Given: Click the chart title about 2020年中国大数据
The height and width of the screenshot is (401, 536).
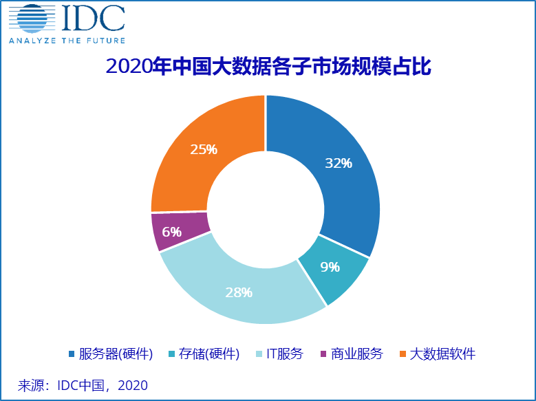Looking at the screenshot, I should [x=268, y=67].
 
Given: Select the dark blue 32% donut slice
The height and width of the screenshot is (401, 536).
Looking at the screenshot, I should [x=344, y=186].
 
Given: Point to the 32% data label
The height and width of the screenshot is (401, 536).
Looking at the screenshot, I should [x=339, y=164].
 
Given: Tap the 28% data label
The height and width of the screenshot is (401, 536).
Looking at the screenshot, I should [x=239, y=292].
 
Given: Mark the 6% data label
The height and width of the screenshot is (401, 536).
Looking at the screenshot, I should [x=171, y=232].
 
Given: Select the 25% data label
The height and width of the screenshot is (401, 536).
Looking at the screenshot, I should [x=204, y=149].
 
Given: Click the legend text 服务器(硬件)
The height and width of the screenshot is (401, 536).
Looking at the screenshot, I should [x=116, y=354].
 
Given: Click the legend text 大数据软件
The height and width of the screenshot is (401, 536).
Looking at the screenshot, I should [x=442, y=354].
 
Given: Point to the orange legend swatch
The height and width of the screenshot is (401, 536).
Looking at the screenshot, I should [x=403, y=354].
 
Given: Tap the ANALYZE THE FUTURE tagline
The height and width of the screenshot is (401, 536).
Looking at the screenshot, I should [x=67, y=40].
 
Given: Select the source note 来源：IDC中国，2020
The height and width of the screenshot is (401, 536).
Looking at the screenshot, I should [x=83, y=384].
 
